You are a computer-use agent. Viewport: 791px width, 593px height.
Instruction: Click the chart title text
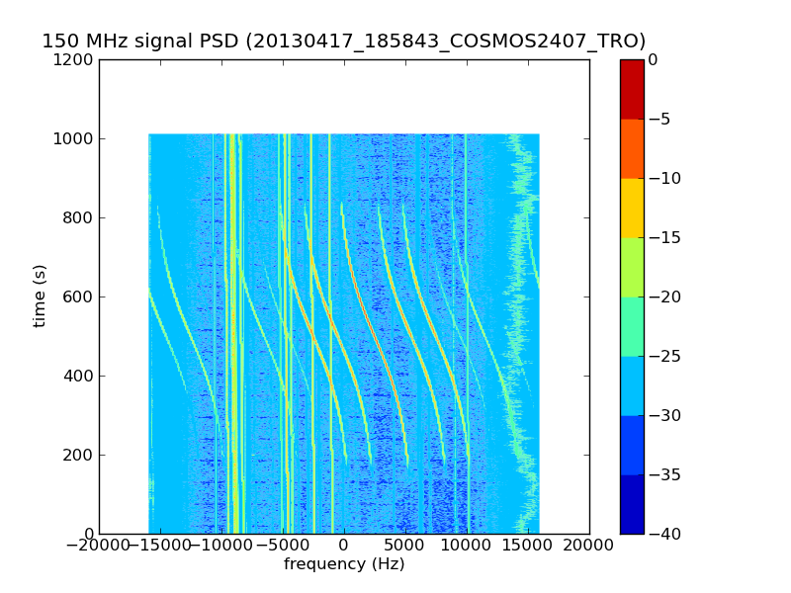click(x=343, y=42)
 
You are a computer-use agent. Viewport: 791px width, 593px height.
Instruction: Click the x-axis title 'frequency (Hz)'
click(x=344, y=564)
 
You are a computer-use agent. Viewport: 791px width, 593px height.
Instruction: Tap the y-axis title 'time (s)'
click(x=40, y=296)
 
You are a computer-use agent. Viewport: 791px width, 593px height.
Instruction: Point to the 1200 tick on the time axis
click(x=75, y=60)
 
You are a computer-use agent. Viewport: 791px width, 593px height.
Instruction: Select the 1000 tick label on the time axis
click(x=75, y=139)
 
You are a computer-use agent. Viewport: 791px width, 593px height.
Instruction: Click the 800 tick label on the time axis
click(x=79, y=218)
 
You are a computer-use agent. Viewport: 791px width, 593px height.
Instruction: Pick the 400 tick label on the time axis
click(x=79, y=377)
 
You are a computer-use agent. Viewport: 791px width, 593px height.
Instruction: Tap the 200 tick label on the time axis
click(x=79, y=456)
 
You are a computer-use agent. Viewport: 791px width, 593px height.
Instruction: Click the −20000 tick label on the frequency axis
click(x=99, y=545)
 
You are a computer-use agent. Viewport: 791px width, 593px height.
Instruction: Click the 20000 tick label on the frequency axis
click(x=589, y=545)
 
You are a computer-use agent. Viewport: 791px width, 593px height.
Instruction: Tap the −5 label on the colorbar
click(x=659, y=120)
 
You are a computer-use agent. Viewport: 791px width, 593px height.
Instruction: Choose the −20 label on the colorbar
click(x=663, y=297)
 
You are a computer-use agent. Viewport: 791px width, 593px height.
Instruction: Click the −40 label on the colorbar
click(x=663, y=534)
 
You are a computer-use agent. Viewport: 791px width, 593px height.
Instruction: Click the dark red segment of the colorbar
click(x=632, y=89)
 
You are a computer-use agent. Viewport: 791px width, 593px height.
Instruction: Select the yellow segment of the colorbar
click(x=632, y=208)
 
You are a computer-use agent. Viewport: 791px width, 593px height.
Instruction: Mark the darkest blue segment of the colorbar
click(x=632, y=504)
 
